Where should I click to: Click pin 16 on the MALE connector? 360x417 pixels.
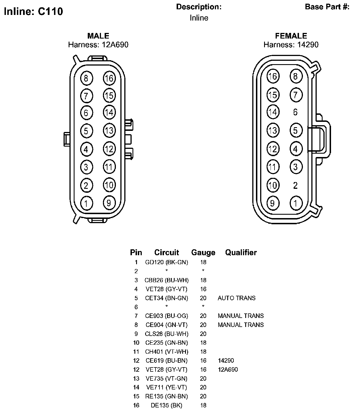[109, 78]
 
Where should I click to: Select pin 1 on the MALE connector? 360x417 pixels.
[86, 203]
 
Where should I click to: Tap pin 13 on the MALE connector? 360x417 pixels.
[109, 131]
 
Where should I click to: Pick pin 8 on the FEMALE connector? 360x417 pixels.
[295, 76]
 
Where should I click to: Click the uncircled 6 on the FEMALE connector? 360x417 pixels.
[295, 112]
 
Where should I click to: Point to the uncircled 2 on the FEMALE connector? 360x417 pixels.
[295, 185]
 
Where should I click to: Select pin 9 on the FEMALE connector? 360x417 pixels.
[273, 203]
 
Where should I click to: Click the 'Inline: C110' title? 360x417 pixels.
[33, 12]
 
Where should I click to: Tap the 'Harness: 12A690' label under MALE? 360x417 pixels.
[98, 45]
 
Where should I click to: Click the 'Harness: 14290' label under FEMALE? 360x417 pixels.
[291, 45]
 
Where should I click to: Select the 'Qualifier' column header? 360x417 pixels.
[241, 252]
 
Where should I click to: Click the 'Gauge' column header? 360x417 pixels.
[203, 252]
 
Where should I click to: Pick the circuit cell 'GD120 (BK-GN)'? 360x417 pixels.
[166, 262]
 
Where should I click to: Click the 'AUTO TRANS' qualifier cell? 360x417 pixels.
[237, 298]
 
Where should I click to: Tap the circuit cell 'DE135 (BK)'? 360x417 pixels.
[166, 405]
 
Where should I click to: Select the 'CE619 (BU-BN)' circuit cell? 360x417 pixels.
[166, 360]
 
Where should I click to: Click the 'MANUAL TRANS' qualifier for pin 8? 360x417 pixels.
[241, 325]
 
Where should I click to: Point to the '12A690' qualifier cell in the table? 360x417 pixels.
[228, 369]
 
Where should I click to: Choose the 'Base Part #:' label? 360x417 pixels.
[327, 7]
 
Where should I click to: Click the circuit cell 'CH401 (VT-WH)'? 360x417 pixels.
[166, 351]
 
